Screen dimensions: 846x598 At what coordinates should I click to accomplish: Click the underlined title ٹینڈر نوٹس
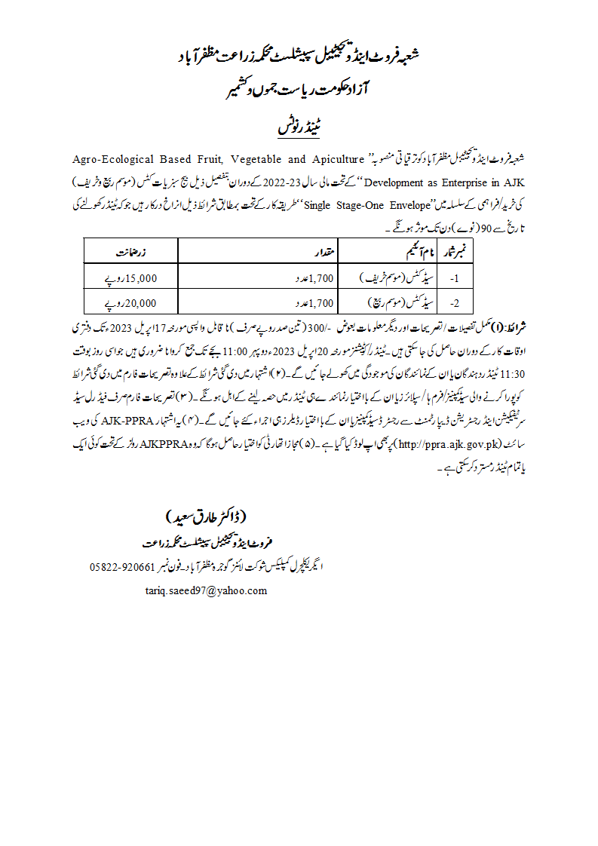coord(299,124)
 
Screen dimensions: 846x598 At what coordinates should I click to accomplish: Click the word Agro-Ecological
coord(112,160)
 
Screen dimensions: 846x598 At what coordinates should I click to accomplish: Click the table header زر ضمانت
coord(135,250)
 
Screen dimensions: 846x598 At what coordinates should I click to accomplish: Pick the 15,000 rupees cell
coord(129,277)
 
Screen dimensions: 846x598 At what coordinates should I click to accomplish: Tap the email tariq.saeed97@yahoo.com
coord(206,590)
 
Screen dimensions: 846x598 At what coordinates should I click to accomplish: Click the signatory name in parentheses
coord(205,517)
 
